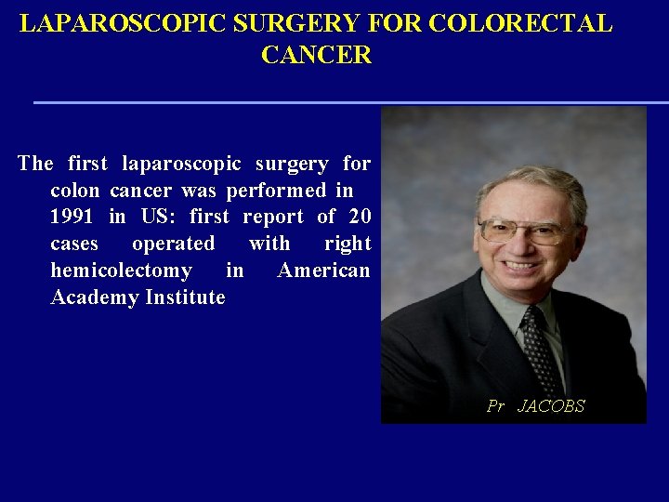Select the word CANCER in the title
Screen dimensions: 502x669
click(316, 56)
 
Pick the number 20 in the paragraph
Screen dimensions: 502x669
click(359, 218)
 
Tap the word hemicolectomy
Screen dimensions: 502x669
click(121, 271)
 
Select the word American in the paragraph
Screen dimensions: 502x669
click(323, 271)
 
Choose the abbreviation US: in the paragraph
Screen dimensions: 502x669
click(157, 218)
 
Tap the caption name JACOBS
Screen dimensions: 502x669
click(550, 406)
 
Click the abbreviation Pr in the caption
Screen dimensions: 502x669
click(495, 406)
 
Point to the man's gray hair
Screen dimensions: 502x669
click(530, 181)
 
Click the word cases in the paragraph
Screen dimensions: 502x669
click(74, 244)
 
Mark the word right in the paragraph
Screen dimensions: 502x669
click(348, 244)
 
